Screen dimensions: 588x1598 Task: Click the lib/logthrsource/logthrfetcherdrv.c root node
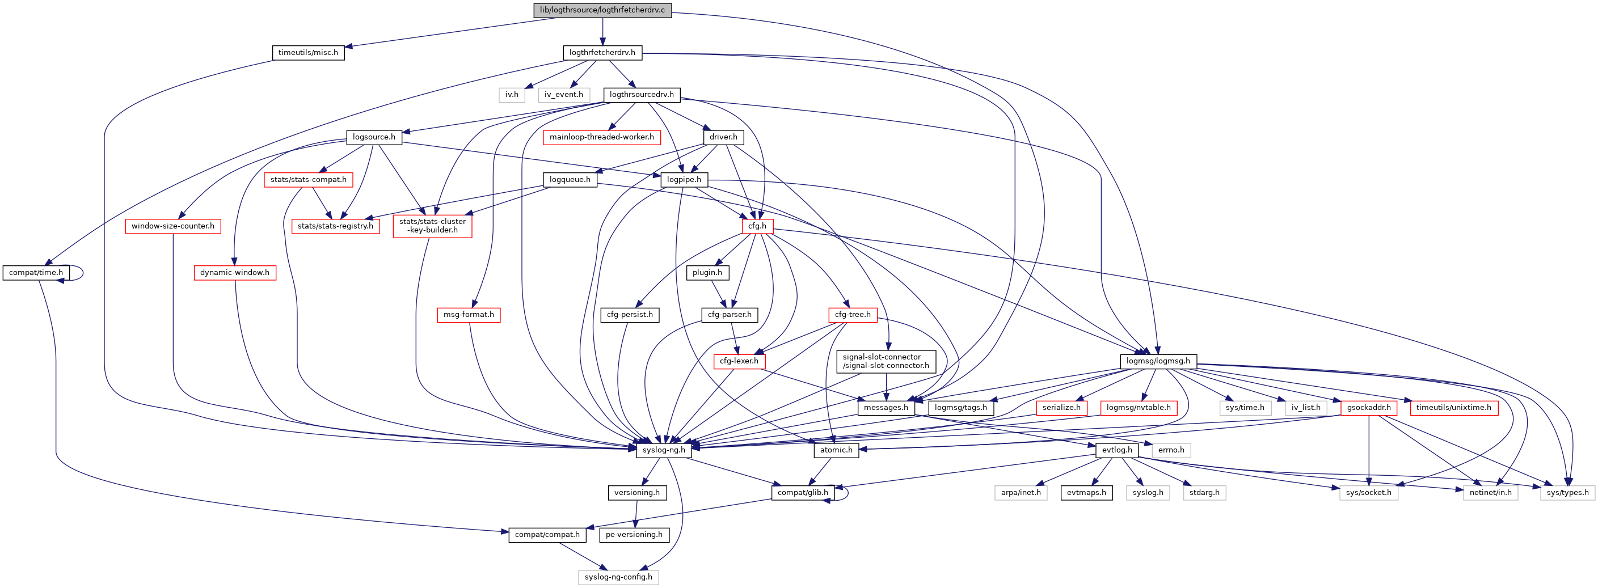(x=602, y=10)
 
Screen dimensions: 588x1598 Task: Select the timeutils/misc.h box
(x=307, y=53)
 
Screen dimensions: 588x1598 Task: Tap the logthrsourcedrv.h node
(x=642, y=95)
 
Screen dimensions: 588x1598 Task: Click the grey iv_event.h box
(x=563, y=95)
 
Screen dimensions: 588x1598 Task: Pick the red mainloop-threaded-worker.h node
(x=601, y=137)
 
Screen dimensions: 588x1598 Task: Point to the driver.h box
(x=723, y=137)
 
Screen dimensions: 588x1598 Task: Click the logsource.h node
(x=373, y=137)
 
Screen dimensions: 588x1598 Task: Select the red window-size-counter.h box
(x=172, y=226)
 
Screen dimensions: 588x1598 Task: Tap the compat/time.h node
(x=36, y=273)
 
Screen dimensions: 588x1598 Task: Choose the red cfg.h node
(x=757, y=226)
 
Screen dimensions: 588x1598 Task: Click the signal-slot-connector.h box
(x=886, y=362)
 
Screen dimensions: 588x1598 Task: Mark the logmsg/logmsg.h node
(x=1158, y=361)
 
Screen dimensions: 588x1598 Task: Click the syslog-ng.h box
(x=663, y=450)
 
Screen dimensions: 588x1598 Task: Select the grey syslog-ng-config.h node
(x=618, y=577)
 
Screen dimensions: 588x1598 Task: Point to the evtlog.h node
(x=1116, y=450)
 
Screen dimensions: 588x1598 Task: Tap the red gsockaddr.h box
(x=1368, y=408)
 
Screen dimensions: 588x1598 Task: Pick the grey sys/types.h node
(x=1567, y=493)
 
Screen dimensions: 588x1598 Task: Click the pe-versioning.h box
(x=634, y=535)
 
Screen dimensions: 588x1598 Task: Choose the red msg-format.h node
(x=469, y=315)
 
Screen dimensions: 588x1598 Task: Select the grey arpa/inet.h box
(x=1021, y=493)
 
